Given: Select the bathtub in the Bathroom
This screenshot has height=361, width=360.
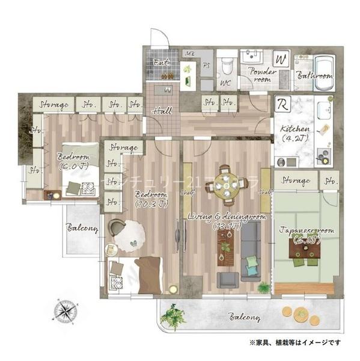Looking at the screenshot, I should pyautogui.click(x=323, y=65).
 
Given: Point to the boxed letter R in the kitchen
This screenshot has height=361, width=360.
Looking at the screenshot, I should pyautogui.click(x=282, y=104).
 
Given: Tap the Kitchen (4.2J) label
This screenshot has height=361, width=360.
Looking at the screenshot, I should pyautogui.click(x=294, y=134).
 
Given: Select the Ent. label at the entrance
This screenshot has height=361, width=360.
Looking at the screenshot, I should pyautogui.click(x=162, y=62).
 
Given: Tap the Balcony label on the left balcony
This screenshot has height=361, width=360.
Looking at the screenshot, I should pyautogui.click(x=82, y=229).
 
